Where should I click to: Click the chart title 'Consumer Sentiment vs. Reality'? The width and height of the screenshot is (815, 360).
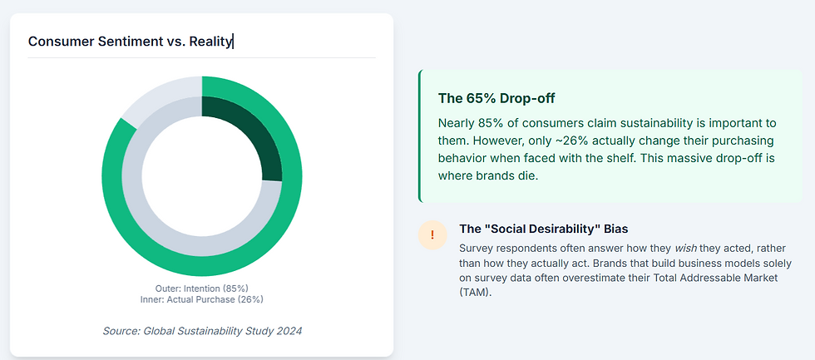pyautogui.click(x=130, y=41)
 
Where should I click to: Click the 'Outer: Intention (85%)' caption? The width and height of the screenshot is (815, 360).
pyautogui.click(x=202, y=288)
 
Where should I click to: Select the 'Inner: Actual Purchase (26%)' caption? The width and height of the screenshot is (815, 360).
pyautogui.click(x=202, y=299)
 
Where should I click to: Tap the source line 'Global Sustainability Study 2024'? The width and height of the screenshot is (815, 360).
pyautogui.click(x=202, y=331)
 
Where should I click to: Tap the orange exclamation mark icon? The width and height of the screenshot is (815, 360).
pyautogui.click(x=432, y=235)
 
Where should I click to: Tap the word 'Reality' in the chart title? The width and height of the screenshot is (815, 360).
pyautogui.click(x=210, y=41)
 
